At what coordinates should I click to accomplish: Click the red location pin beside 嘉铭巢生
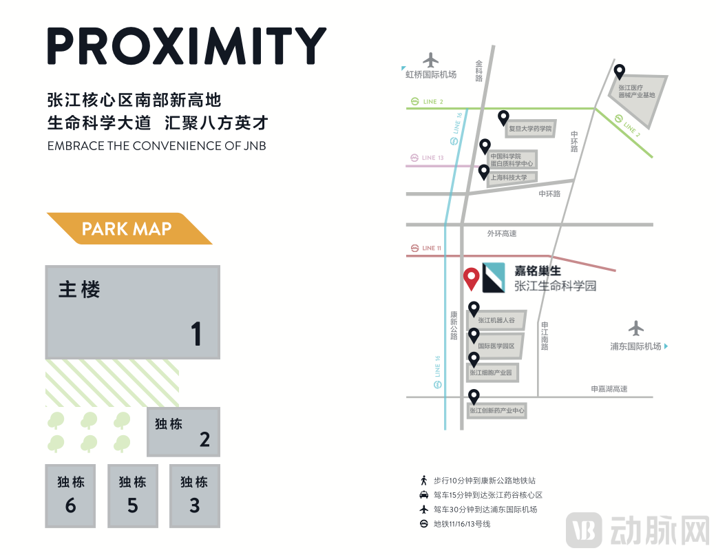pos(471,277)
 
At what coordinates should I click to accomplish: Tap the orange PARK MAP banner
pos(128,229)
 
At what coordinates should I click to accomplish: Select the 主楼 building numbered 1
pos(132,312)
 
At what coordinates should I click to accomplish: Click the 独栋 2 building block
pos(183,432)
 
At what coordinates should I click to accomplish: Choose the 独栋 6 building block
pos(70,496)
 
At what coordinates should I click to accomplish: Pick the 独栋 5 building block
pos(132,496)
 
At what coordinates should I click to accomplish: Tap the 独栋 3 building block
pos(194,496)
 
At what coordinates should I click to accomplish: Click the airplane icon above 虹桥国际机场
pos(431,60)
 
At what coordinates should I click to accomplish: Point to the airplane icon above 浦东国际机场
pos(635,328)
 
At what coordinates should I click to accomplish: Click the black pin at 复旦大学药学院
pos(503,118)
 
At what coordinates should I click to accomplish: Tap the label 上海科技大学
pos(509,178)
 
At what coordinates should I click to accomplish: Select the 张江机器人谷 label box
pos(496,320)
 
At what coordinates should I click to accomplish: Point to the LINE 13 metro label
pos(432,158)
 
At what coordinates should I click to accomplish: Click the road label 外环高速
pos(501,234)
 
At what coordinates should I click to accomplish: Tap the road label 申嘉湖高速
pos(609,389)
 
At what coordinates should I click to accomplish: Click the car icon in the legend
pos(424,495)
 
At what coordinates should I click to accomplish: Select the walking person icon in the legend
pos(424,481)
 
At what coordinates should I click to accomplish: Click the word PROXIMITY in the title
pos(187,46)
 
